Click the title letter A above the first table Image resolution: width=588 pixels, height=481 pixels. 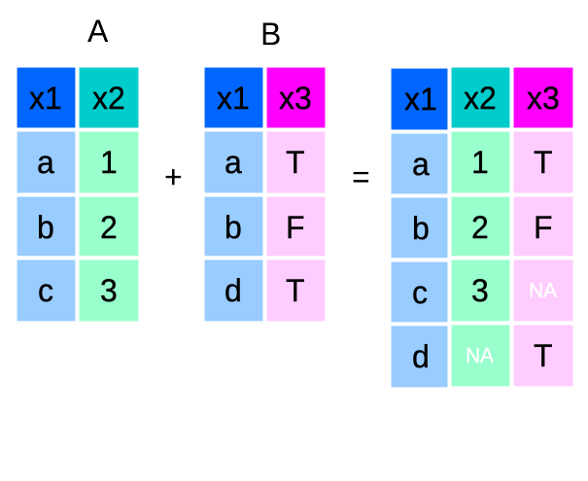(97, 32)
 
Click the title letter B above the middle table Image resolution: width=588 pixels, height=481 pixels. (270, 36)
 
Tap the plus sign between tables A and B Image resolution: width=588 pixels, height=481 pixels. (174, 177)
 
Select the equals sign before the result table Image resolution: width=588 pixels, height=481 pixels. (361, 179)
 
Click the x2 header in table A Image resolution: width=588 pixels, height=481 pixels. (108, 97)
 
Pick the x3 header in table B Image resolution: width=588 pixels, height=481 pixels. (295, 97)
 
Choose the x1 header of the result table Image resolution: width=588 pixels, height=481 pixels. (420, 99)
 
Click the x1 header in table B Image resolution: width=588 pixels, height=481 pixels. (233, 97)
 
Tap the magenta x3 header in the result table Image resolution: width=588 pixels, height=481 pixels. (543, 99)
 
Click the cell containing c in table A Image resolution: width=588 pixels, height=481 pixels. (46, 290)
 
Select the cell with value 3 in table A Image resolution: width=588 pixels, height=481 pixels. (108, 290)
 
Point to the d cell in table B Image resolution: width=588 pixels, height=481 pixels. (233, 290)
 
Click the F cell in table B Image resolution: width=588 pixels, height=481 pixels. (295, 226)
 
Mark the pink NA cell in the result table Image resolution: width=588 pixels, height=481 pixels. (543, 291)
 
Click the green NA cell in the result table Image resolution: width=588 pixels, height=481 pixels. (480, 356)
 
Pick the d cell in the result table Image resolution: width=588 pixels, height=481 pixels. (420, 356)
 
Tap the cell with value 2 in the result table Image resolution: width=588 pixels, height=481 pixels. (480, 227)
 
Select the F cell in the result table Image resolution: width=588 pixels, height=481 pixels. (543, 227)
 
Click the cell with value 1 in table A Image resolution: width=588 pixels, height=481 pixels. (108, 162)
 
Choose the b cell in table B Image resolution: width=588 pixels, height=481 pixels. (233, 226)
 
